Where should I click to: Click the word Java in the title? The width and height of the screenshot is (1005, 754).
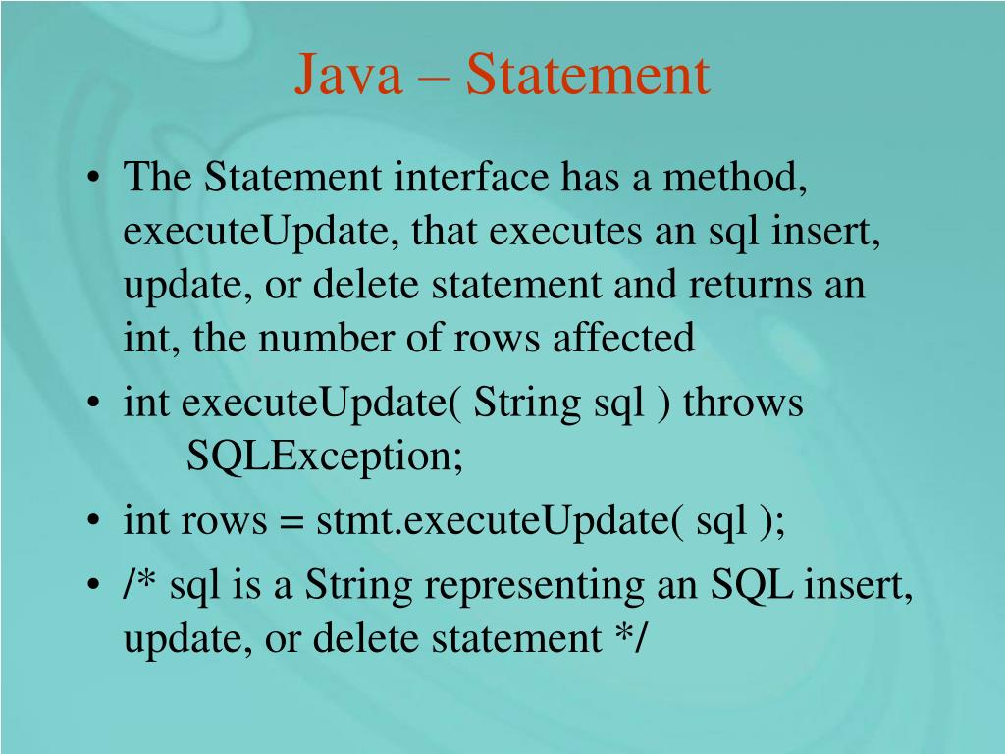(x=349, y=77)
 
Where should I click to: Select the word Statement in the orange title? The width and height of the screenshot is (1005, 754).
(x=587, y=77)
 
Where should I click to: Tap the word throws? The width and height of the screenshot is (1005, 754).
(x=743, y=404)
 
